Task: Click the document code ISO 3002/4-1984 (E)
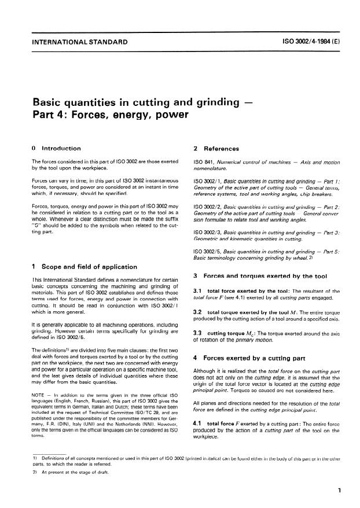point(305,42)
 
